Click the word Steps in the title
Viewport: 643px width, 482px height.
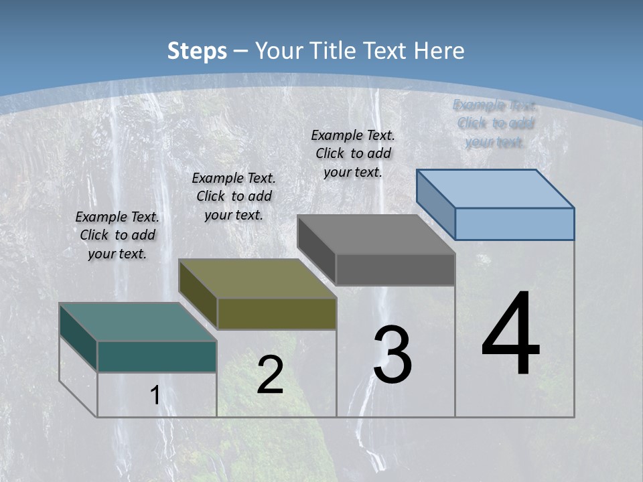[x=196, y=51]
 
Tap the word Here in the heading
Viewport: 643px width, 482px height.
[x=439, y=51]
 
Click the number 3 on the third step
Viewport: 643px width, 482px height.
[x=392, y=355]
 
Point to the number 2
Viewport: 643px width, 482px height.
[x=270, y=375]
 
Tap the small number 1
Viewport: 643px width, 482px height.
[x=155, y=396]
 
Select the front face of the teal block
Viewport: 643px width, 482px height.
[x=157, y=356]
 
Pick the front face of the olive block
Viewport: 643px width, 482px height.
[x=277, y=313]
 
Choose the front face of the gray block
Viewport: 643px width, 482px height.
[x=395, y=269]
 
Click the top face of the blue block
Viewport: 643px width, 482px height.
[x=495, y=188]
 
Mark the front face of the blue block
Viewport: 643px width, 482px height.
[x=514, y=224]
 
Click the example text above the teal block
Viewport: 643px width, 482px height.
[x=117, y=235]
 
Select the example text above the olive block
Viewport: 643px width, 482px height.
[x=234, y=196]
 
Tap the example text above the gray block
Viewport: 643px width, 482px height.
[x=353, y=153]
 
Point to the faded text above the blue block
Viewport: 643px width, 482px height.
[x=495, y=123]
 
